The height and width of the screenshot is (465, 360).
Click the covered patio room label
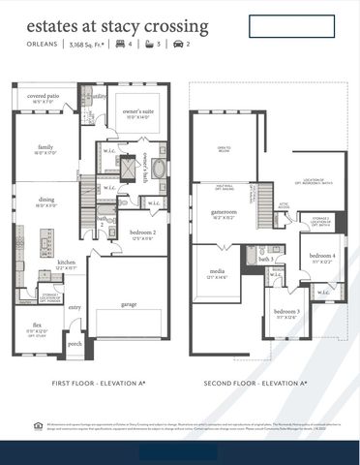coord(43,97)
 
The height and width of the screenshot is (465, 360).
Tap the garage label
coord(128,304)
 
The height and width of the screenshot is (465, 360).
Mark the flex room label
coord(35,326)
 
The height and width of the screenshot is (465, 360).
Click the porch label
coord(75,343)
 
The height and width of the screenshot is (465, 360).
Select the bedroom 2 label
coord(142,233)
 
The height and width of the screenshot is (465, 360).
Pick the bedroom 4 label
coord(323,257)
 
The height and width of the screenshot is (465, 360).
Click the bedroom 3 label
coord(285,313)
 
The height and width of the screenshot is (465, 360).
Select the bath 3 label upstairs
coord(266,260)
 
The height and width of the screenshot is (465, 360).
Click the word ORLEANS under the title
coord(39,44)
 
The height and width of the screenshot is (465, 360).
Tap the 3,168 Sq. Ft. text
coord(89,44)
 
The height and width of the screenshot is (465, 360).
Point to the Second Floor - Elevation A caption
coord(255,383)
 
